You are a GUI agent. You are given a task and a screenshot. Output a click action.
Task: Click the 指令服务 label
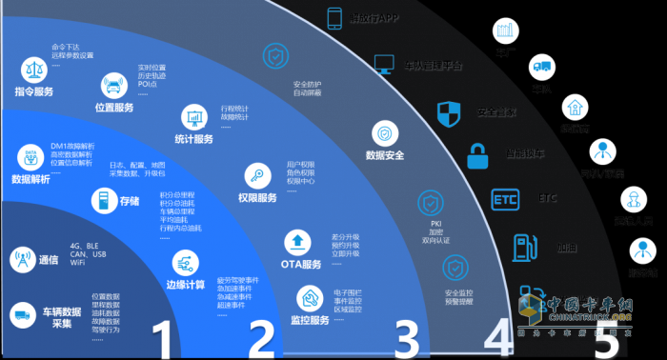pos(34,92)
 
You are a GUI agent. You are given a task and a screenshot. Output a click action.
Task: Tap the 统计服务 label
pos(194,139)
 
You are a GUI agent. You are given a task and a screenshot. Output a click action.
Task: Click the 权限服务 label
pos(257,198)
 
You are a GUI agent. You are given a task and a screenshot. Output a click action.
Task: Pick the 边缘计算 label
pos(187,284)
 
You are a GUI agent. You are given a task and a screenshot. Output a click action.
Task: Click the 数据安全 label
pos(385,154)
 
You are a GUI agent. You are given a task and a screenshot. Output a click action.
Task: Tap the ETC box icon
pos(503,199)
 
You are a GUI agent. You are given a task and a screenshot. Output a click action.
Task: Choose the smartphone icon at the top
pos(334,18)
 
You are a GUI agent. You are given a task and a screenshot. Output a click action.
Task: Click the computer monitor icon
pos(384,65)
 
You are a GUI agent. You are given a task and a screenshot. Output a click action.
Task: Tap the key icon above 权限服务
pos(256,174)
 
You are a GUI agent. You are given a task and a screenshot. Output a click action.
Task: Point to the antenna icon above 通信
pos(21,259)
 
